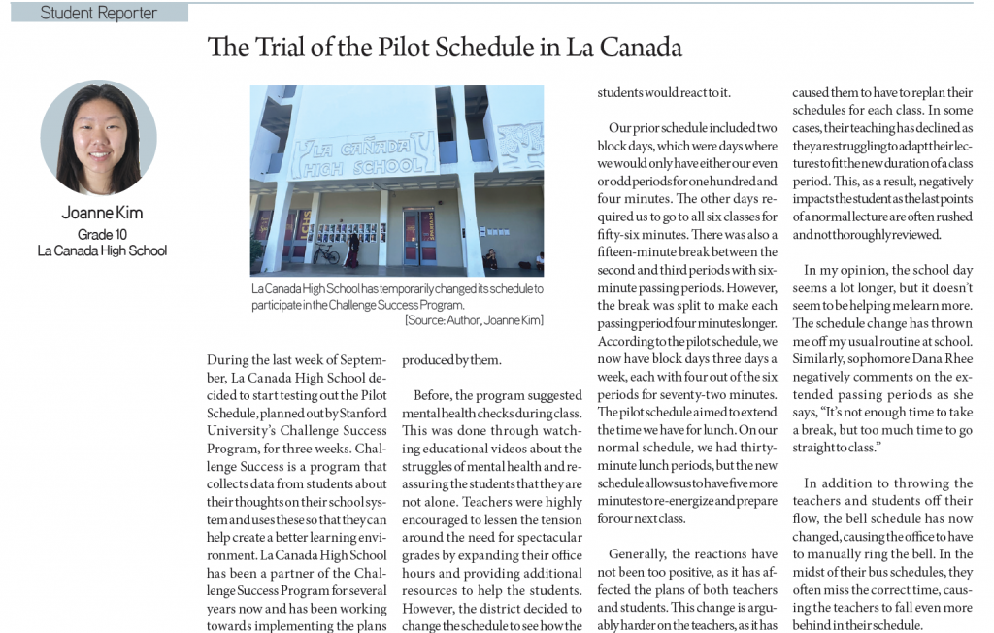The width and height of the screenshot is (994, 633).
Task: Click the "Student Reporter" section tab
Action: pyautogui.click(x=98, y=13)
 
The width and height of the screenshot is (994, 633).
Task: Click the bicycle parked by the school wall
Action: pyautogui.click(x=326, y=253)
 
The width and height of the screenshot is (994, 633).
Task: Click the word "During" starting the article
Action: pyautogui.click(x=229, y=359)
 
